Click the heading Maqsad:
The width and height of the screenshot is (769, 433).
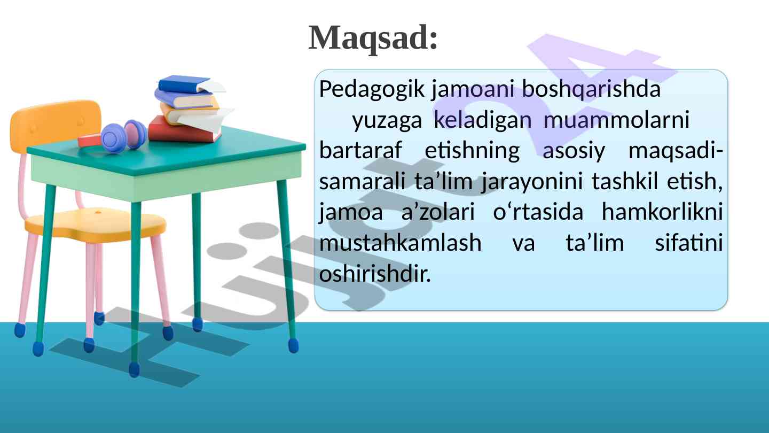point(373,38)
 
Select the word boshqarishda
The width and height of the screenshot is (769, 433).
point(591,89)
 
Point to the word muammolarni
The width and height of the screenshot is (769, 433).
point(617,120)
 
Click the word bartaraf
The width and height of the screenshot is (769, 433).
point(360,150)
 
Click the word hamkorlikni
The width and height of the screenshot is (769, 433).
point(663,211)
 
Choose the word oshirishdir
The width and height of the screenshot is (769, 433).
point(375,273)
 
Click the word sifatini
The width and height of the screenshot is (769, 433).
point(689,242)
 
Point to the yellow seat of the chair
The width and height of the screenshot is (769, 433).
point(96,224)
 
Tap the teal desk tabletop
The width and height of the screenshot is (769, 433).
point(167,151)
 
